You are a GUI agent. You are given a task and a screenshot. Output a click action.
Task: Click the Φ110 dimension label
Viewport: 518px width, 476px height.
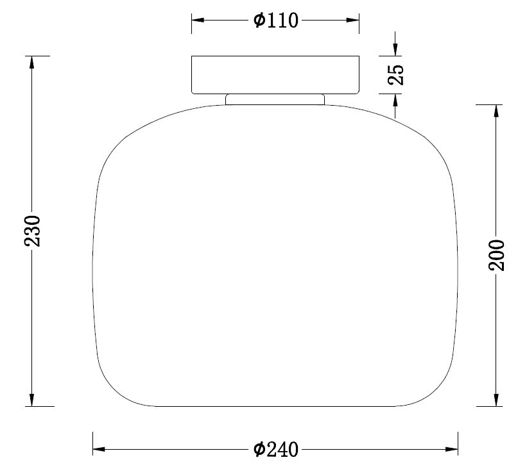tap(276, 21)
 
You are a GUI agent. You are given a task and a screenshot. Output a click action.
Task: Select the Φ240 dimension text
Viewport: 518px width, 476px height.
tap(276, 449)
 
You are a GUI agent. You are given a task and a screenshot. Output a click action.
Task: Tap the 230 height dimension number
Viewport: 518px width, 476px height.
tap(32, 231)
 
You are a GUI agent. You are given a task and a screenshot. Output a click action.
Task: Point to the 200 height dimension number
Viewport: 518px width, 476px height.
tap(497, 255)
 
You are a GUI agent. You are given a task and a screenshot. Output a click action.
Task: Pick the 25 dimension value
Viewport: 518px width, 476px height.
tap(396, 75)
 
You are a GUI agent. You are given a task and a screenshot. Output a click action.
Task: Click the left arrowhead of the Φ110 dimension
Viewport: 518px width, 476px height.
tap(198, 20)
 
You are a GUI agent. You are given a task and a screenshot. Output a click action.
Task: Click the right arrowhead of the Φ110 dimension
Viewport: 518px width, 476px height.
tap(353, 20)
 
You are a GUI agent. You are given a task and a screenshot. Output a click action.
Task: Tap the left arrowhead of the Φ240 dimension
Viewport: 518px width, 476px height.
tap(99, 449)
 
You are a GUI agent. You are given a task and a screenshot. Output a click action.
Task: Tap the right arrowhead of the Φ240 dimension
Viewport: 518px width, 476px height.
tap(452, 449)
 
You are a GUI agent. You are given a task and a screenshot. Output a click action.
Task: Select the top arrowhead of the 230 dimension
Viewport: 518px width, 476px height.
tap(31, 62)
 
